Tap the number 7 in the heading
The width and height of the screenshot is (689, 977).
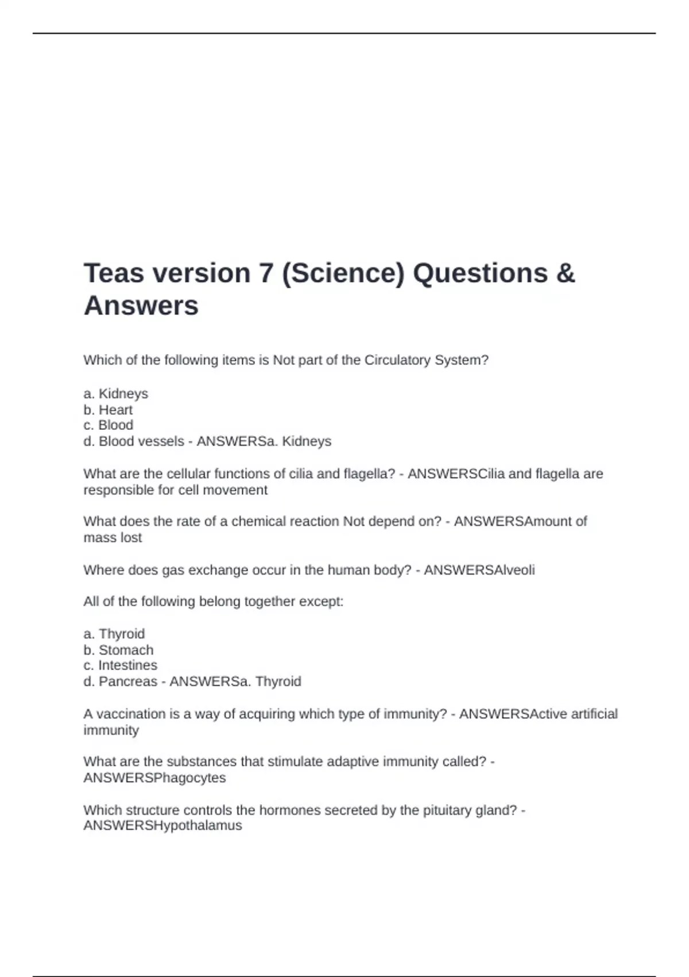[265, 274]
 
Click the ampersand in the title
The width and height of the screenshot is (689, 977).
[566, 274]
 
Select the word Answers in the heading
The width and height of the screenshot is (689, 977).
[141, 306]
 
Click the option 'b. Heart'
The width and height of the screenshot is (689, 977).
[108, 410]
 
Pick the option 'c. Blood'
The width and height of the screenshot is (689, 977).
[108, 425]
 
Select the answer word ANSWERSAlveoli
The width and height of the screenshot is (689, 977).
[479, 570]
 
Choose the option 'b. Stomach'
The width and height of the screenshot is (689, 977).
[118, 650]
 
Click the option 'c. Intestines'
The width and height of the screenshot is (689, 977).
[120, 666]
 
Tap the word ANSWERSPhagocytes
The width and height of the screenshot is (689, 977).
[154, 778]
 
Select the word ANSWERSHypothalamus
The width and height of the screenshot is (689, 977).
[162, 826]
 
